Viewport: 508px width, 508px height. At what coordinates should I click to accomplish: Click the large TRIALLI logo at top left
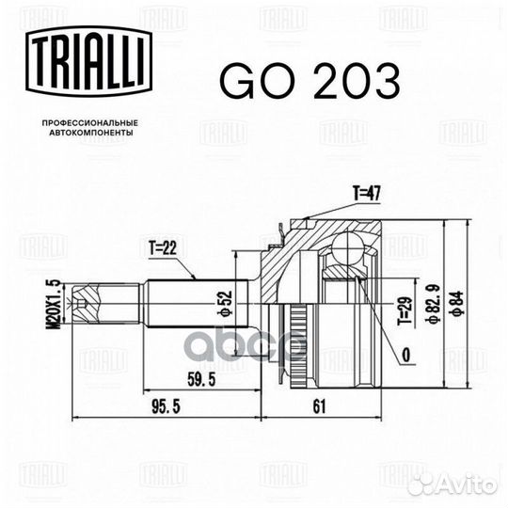[x=88, y=61]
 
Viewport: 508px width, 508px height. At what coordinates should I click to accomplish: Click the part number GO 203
[x=310, y=80]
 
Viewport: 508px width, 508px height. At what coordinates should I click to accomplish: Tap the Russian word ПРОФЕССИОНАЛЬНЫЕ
[x=90, y=123]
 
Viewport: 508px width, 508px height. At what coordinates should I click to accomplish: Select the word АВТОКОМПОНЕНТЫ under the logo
[x=90, y=133]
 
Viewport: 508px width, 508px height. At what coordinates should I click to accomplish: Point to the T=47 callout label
[x=367, y=194]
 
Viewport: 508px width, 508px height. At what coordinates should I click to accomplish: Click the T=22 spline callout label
[x=163, y=248]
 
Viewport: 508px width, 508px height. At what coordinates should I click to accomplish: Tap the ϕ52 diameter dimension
[x=227, y=303]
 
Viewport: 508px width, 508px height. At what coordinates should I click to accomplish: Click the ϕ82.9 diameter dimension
[x=433, y=303]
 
